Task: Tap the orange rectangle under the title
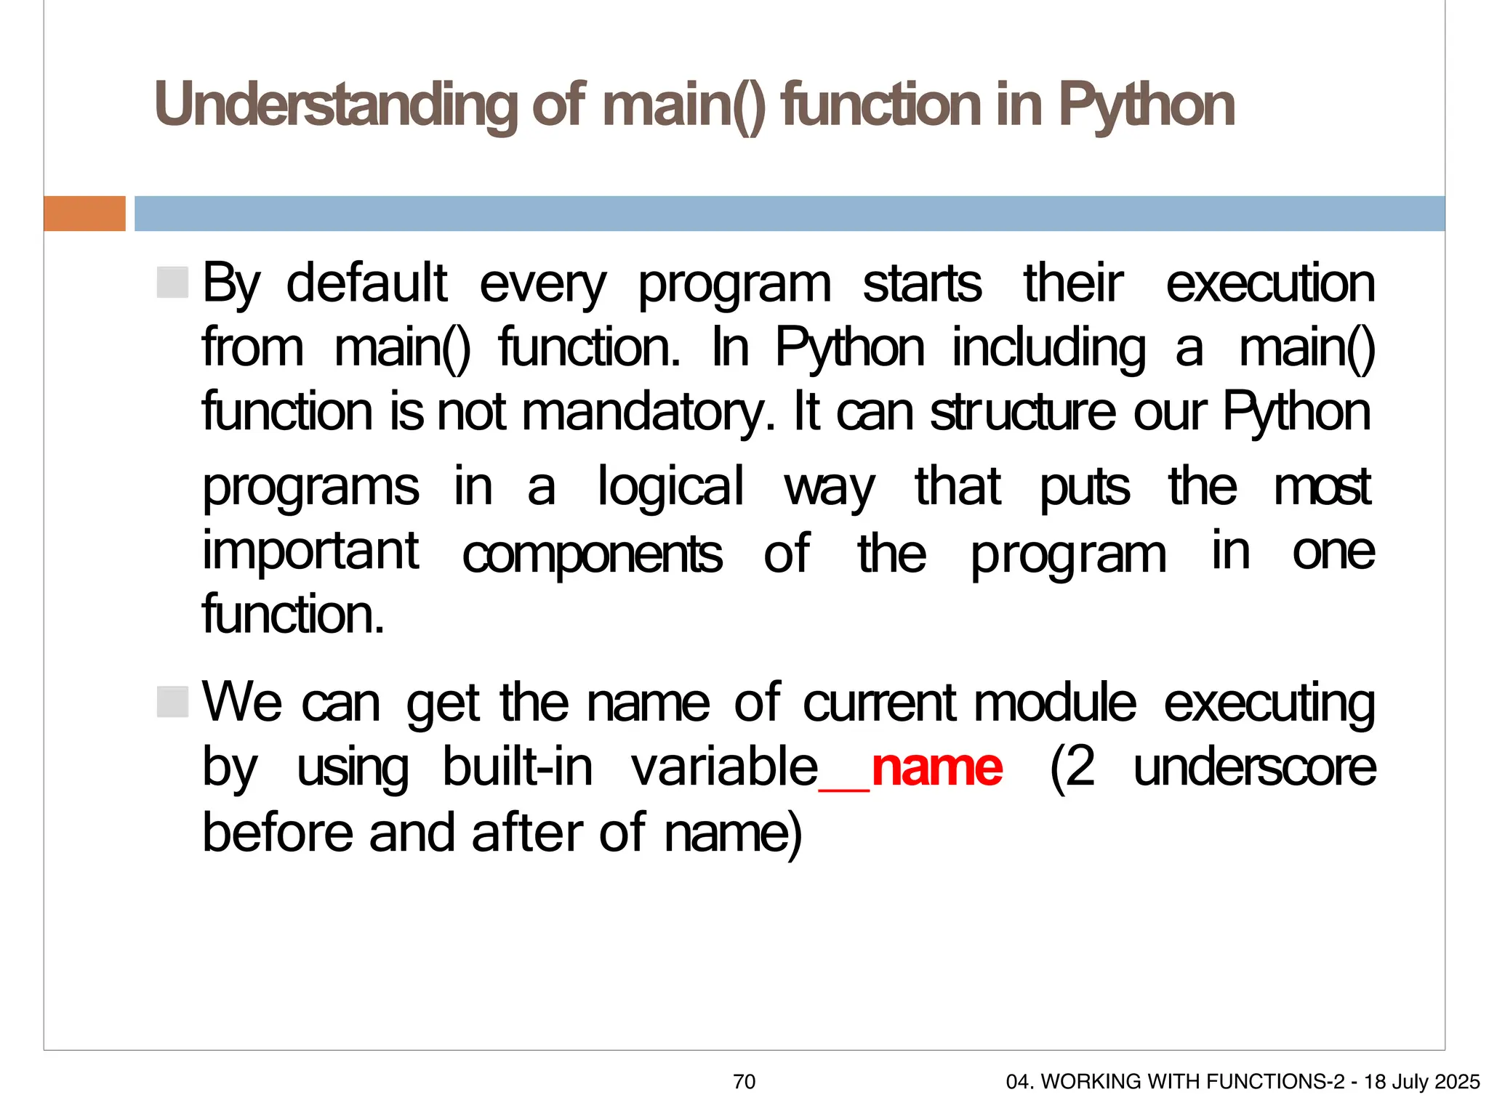(x=84, y=214)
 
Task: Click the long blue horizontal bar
(x=789, y=214)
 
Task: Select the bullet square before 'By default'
(x=173, y=282)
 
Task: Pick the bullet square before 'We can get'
(x=173, y=702)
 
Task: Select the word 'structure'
(x=1022, y=413)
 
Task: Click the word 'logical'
(x=670, y=487)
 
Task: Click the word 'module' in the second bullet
(x=1055, y=703)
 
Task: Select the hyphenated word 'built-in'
(x=518, y=767)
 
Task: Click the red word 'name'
(x=937, y=769)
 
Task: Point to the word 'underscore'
(x=1254, y=769)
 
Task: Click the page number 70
(x=744, y=1082)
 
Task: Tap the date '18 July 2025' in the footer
(x=1421, y=1082)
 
